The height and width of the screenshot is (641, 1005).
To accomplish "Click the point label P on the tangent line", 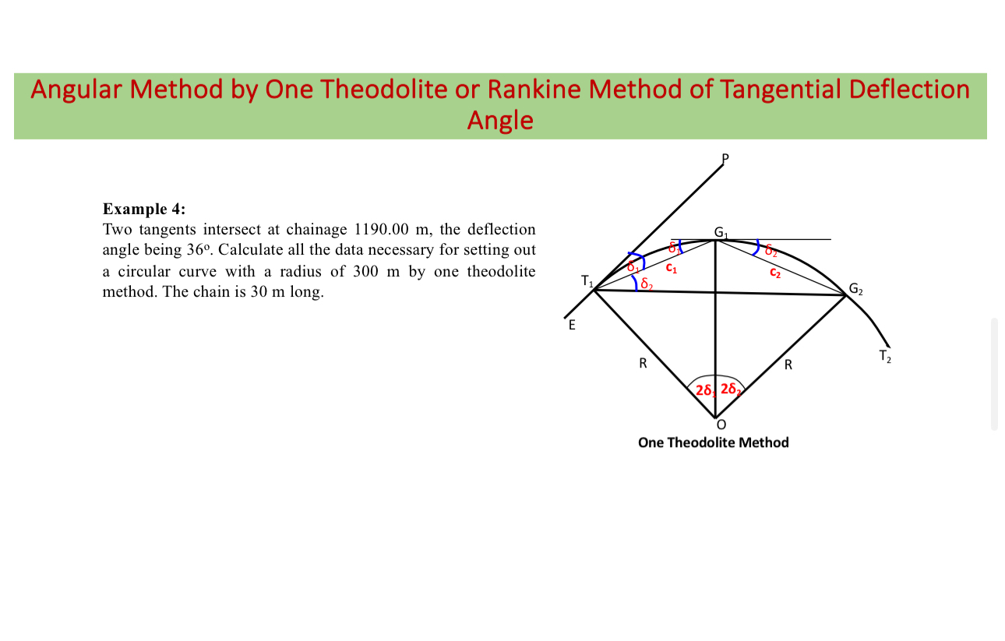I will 725,158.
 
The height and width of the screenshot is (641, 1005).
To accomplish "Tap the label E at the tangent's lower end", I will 572,326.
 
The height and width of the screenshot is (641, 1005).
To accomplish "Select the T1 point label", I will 587,281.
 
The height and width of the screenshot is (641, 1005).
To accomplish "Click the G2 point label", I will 855,291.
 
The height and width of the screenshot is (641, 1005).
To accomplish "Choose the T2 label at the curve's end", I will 885,357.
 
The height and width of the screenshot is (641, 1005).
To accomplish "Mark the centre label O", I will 721,425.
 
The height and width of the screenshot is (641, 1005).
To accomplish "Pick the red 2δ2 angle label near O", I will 731,389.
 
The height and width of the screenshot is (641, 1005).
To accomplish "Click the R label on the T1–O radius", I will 643,365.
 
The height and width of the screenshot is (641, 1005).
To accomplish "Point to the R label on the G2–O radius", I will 788,365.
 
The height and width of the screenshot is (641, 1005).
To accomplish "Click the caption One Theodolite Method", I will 713,442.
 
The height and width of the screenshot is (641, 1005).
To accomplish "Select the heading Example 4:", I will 144,209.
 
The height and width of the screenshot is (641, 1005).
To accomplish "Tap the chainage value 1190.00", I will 382,229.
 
